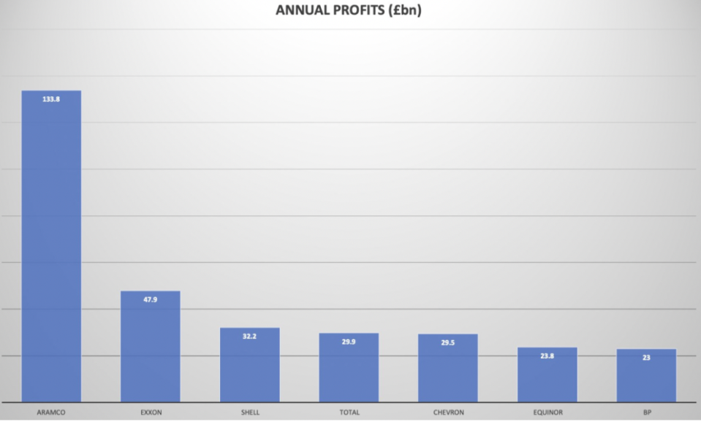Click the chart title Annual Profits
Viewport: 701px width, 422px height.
(x=349, y=10)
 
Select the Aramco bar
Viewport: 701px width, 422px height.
(x=51, y=248)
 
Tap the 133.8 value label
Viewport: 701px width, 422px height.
(x=51, y=99)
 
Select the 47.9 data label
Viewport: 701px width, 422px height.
(x=151, y=299)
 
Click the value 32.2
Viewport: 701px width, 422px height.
(x=250, y=337)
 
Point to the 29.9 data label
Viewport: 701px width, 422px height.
(x=349, y=342)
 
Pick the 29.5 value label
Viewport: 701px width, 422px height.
(x=448, y=342)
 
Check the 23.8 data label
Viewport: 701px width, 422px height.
(x=547, y=356)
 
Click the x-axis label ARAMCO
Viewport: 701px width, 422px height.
(x=51, y=413)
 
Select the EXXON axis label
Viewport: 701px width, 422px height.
(x=151, y=413)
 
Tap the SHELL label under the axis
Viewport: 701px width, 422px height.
(x=250, y=413)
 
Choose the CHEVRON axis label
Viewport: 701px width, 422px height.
(x=448, y=413)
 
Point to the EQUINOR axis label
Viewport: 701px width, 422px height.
(x=547, y=413)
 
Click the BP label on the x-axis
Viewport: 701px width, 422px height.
(x=646, y=413)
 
